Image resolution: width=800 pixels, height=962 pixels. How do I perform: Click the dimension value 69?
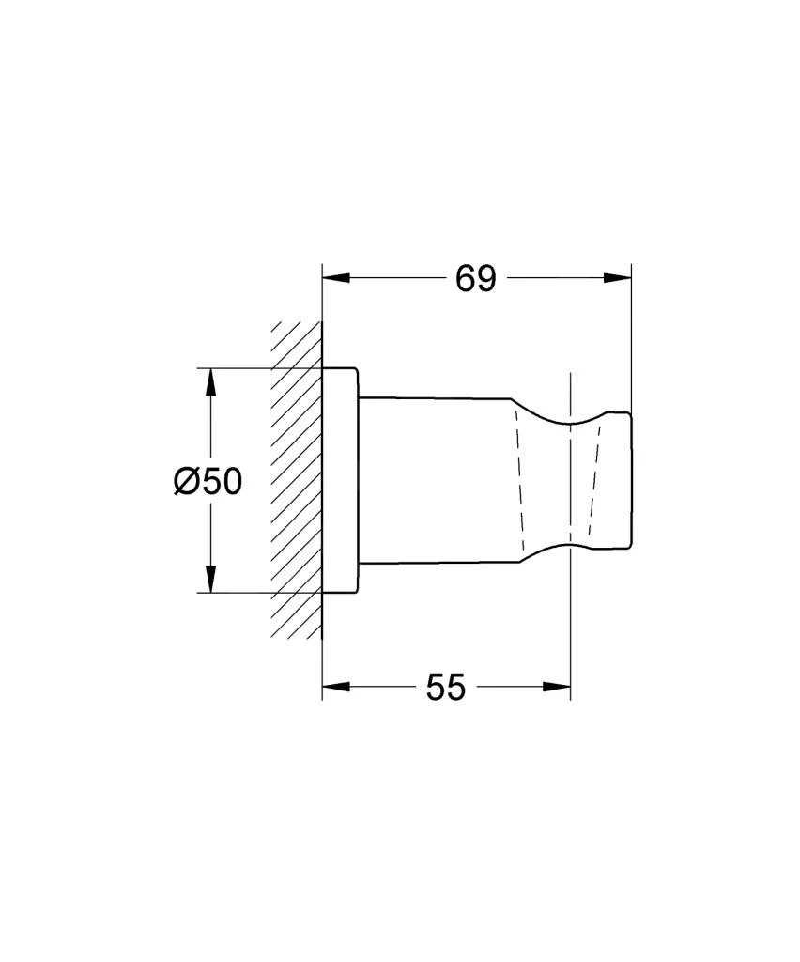pos(475,278)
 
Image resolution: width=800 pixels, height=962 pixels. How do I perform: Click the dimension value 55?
pos(445,688)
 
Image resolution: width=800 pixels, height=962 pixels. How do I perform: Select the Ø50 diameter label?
pos(208,481)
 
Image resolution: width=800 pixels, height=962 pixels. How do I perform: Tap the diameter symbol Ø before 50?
pos(186,481)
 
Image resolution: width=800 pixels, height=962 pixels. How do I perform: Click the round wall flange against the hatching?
pos(340,479)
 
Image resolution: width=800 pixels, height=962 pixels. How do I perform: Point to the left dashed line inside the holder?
pos(516,479)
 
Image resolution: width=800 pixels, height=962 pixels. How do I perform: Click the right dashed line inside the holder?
pos(593,479)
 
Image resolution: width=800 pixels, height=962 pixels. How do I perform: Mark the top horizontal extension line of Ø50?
pos(263,367)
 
